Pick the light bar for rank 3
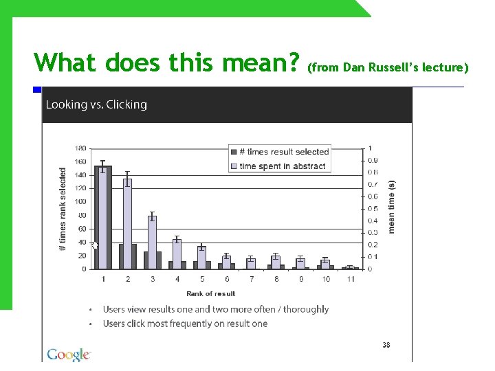tap(152, 242)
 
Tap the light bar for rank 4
tap(177, 254)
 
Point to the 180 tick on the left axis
tap(80, 148)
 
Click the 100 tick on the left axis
tap(80, 201)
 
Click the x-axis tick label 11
tap(351, 279)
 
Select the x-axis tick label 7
tap(252, 279)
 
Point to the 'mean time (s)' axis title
tap(392, 207)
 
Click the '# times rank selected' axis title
tap(63, 208)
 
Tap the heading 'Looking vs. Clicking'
tap(96, 105)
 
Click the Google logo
tap(69, 355)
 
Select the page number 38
tap(386, 345)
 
